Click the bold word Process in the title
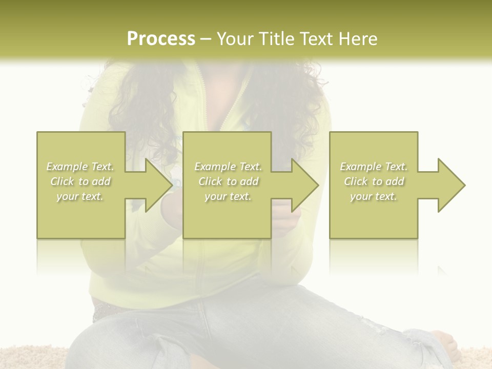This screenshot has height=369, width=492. (x=161, y=39)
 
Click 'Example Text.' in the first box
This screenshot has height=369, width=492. (x=80, y=167)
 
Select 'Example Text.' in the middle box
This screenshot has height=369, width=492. (x=228, y=167)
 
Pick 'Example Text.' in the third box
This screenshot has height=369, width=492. (x=374, y=167)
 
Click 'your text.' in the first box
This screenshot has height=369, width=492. (x=80, y=196)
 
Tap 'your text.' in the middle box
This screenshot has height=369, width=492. (x=228, y=196)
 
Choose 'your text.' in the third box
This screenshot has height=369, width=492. (x=374, y=196)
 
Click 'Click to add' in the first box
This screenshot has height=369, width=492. (x=80, y=181)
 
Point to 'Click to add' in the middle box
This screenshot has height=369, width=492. (x=228, y=181)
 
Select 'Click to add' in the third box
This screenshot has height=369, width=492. (x=374, y=181)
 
